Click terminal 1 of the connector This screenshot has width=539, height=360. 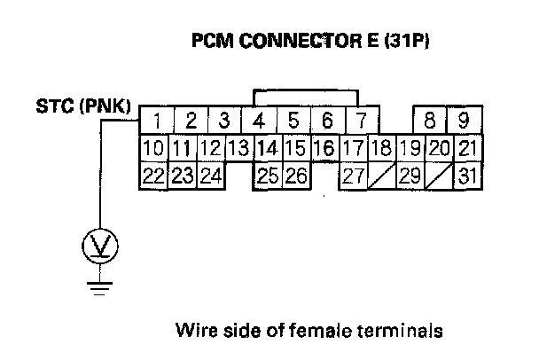pos(157,120)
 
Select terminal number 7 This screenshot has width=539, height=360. pos(362,120)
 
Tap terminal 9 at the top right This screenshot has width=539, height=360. pos(465,120)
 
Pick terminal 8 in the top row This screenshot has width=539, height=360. pos(430,120)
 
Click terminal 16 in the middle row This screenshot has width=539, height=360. pos(325,148)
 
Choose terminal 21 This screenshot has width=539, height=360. pos(468,148)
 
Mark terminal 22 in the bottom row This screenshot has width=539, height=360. pos(153,176)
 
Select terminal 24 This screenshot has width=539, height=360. pos(211,176)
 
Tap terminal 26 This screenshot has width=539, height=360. pos(297,176)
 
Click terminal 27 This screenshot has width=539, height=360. pos(354,176)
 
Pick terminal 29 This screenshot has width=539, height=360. pos(410,176)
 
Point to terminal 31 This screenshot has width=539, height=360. pos(468,176)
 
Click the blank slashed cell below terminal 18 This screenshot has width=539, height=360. pos(382,176)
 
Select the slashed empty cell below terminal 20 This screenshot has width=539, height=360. pos(440,176)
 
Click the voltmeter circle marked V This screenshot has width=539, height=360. pos(100,246)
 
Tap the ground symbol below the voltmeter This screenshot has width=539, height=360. pos(99,289)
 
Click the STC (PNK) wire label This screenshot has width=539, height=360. pos(83,106)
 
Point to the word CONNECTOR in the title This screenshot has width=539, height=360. pos(301,41)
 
